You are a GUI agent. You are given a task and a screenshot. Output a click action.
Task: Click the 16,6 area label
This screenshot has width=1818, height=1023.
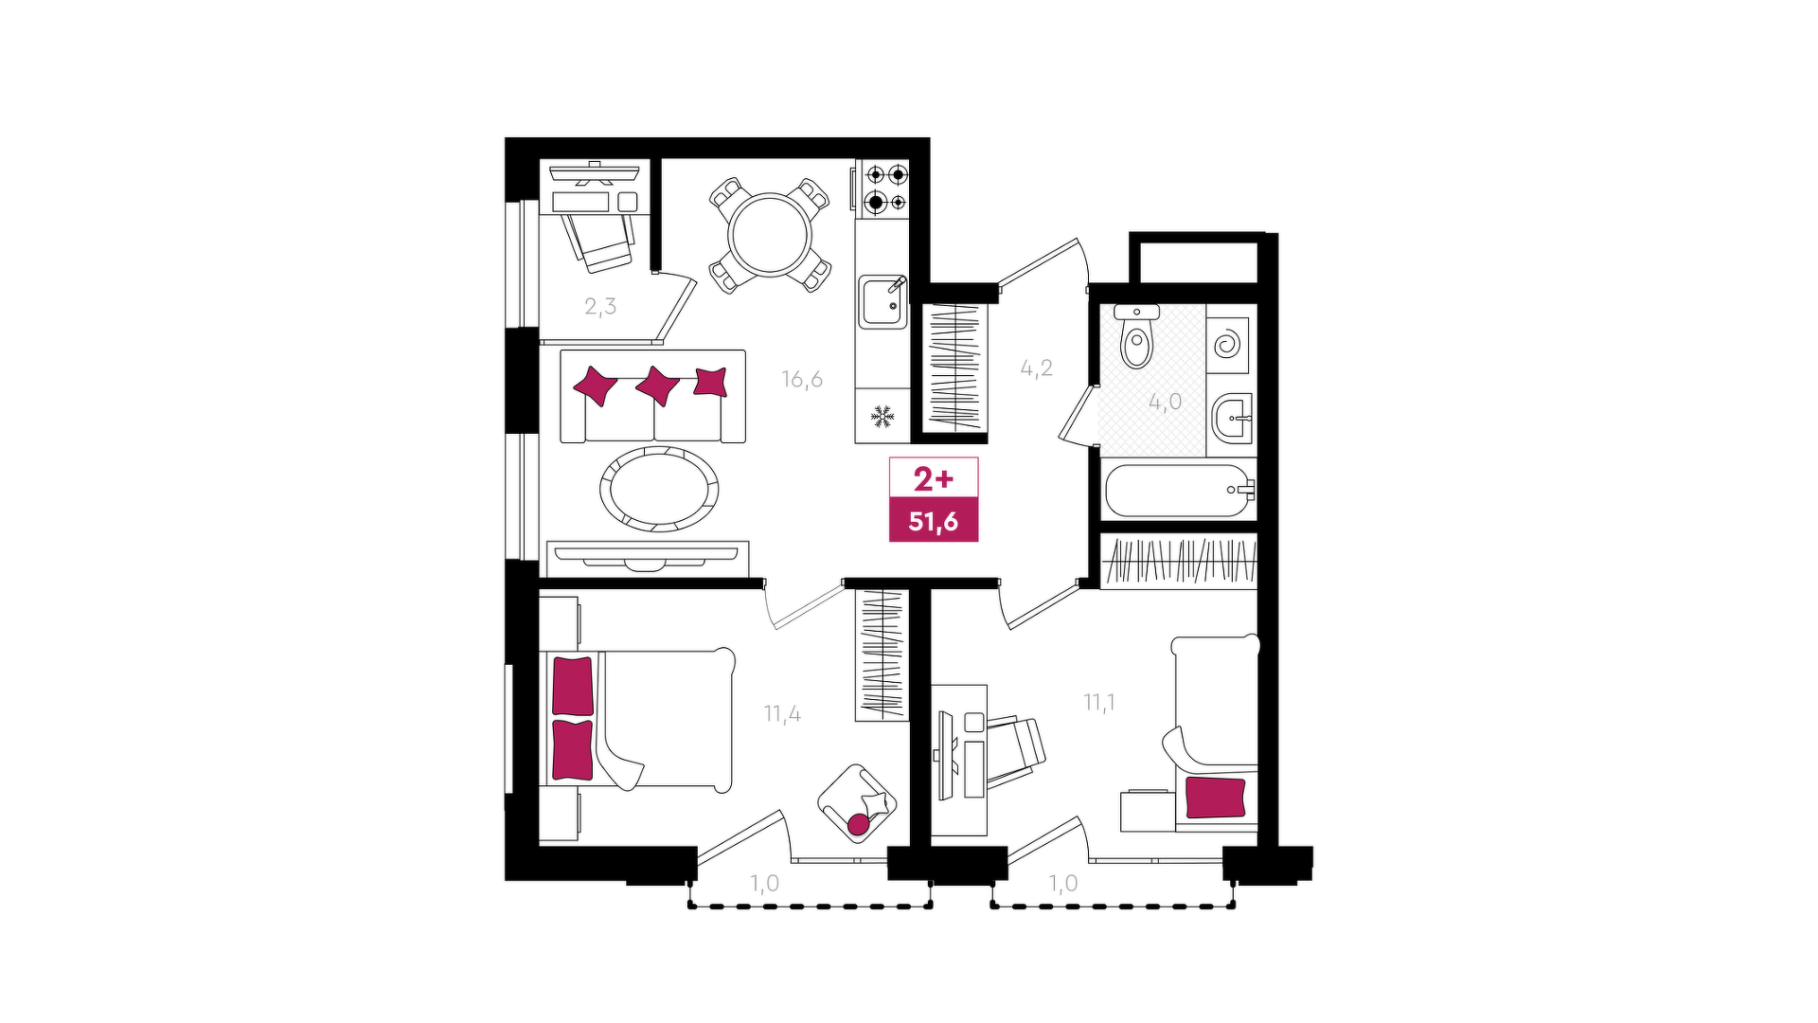pyautogui.click(x=802, y=380)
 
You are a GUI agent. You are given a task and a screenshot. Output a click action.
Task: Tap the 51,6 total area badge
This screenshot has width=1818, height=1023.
pyautogui.click(x=934, y=521)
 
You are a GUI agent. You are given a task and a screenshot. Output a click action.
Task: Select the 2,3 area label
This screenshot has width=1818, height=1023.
pyautogui.click(x=600, y=306)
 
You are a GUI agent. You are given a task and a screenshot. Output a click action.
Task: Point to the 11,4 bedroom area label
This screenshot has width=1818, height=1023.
pyautogui.click(x=783, y=713)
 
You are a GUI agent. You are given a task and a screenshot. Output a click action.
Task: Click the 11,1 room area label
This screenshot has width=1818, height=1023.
pyautogui.click(x=1099, y=702)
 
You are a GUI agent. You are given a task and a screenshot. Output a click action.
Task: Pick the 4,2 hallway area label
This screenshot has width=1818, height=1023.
pyautogui.click(x=1037, y=368)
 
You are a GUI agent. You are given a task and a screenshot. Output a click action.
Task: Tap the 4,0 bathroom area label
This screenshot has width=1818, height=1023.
pyautogui.click(x=1166, y=402)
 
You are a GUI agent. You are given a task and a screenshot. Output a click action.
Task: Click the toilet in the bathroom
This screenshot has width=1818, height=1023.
pyautogui.click(x=1136, y=336)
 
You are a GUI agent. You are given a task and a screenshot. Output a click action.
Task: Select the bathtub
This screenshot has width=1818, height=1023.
pyautogui.click(x=1180, y=490)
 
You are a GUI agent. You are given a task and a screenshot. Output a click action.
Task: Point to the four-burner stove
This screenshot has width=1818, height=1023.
pyautogui.click(x=882, y=188)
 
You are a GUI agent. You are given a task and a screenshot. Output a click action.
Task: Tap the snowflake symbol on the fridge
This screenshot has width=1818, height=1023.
pyautogui.click(x=882, y=415)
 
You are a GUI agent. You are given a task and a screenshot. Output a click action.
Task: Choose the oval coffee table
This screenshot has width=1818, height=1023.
pyautogui.click(x=658, y=489)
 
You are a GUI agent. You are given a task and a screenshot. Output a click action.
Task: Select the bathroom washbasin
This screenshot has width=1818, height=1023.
pyautogui.click(x=1232, y=417)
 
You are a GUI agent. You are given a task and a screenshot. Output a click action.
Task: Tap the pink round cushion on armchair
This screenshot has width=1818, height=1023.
pyautogui.click(x=858, y=825)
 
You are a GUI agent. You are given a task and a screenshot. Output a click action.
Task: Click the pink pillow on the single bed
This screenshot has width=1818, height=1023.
pyautogui.click(x=1216, y=798)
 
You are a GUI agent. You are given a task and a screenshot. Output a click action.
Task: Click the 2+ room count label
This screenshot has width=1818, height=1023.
pyautogui.click(x=934, y=480)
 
